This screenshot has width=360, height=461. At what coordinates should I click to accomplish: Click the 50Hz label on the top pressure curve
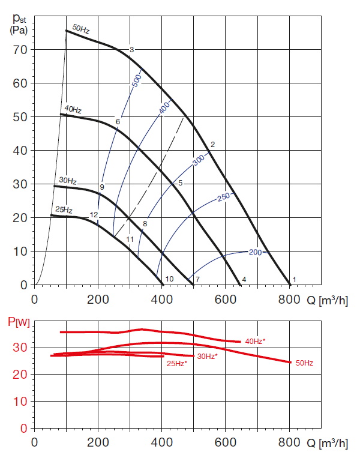81,28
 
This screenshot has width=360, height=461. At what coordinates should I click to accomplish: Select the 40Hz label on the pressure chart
73,110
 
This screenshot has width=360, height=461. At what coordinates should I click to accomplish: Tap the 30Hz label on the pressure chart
67,180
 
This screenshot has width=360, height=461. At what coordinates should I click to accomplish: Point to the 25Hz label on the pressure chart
64,209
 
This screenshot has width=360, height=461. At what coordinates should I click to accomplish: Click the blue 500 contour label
136,82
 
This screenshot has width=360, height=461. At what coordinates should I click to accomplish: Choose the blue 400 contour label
164,109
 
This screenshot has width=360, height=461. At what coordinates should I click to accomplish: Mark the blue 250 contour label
224,196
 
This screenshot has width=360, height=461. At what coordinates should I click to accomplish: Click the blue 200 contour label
255,252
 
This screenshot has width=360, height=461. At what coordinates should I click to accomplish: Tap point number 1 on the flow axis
294,280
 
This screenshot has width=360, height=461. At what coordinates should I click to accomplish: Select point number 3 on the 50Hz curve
131,49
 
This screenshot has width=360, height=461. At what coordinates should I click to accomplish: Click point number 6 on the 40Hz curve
118,122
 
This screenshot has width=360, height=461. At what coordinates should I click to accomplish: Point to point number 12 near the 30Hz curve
94,214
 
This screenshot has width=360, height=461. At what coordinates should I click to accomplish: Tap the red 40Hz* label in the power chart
256,341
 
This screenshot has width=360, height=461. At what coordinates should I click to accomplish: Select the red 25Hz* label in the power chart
176,363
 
